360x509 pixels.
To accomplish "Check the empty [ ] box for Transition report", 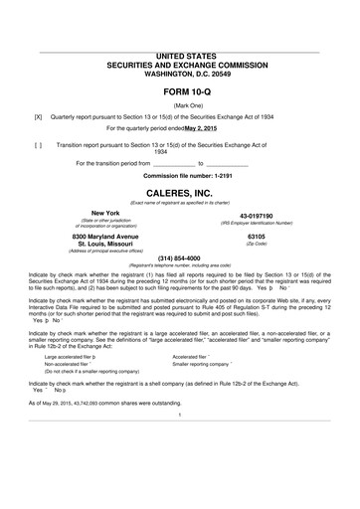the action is [x=39, y=145].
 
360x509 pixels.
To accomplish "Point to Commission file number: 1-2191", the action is [x=179, y=174].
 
